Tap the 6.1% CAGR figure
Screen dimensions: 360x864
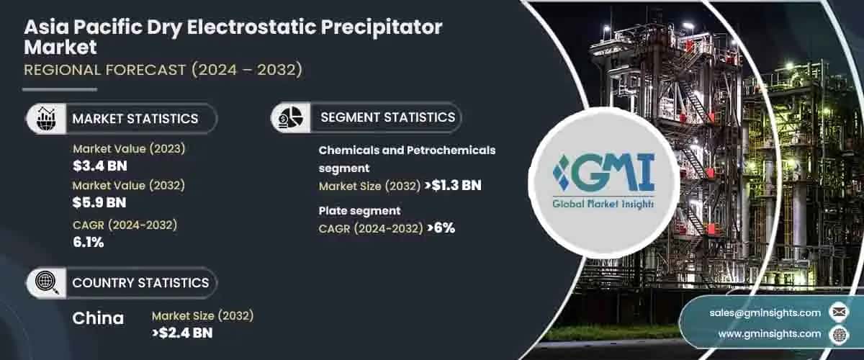click(89, 242)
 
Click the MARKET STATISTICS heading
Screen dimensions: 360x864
click(135, 118)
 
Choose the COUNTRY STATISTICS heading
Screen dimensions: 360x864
click(140, 283)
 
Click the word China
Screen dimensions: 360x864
click(98, 318)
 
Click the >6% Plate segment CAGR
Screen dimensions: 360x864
click(441, 228)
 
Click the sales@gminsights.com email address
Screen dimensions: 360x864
click(765, 312)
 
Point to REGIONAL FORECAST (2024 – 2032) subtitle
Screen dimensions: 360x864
click(163, 70)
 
